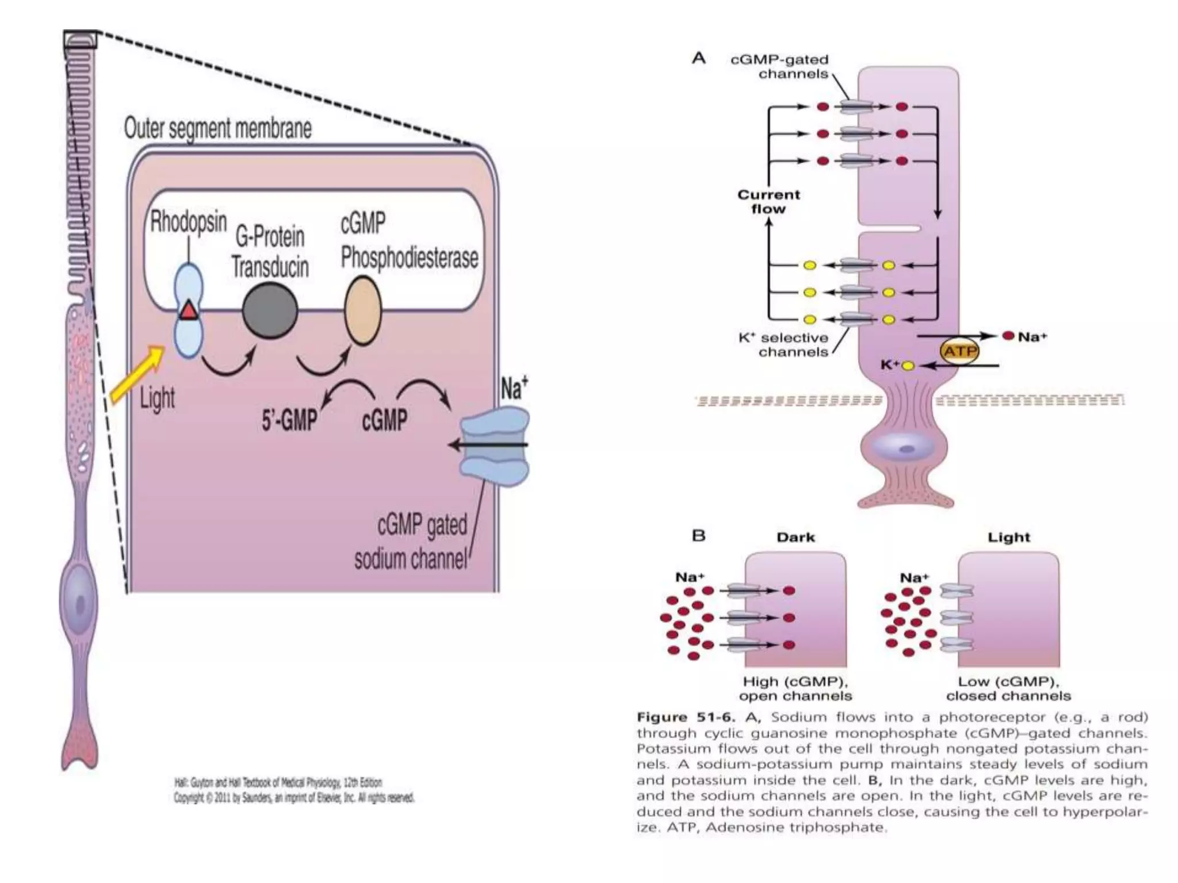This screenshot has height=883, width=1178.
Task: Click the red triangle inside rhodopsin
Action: click(x=188, y=311)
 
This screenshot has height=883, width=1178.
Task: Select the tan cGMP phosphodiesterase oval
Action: click(x=363, y=311)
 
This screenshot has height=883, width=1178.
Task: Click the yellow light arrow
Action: click(x=137, y=374)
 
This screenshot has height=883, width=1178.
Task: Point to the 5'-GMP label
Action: click(x=289, y=420)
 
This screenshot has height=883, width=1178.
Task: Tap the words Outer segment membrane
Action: click(x=217, y=128)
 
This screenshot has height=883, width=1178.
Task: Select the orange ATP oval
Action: click(x=959, y=351)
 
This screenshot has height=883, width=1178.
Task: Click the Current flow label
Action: click(x=768, y=202)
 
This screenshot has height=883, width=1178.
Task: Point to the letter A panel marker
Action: click(x=698, y=58)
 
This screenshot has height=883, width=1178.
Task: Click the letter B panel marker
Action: click(x=698, y=536)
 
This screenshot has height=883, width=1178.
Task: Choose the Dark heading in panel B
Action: click(x=795, y=538)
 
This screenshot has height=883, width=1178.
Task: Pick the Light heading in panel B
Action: click(x=1009, y=538)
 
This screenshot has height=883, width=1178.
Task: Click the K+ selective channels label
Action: click(x=783, y=345)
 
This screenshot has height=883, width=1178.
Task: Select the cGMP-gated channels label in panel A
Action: click(x=779, y=67)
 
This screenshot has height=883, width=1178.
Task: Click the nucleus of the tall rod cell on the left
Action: click(x=79, y=604)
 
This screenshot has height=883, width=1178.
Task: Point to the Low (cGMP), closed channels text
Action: click(x=1008, y=689)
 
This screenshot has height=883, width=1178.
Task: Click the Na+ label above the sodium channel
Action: click(x=514, y=388)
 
